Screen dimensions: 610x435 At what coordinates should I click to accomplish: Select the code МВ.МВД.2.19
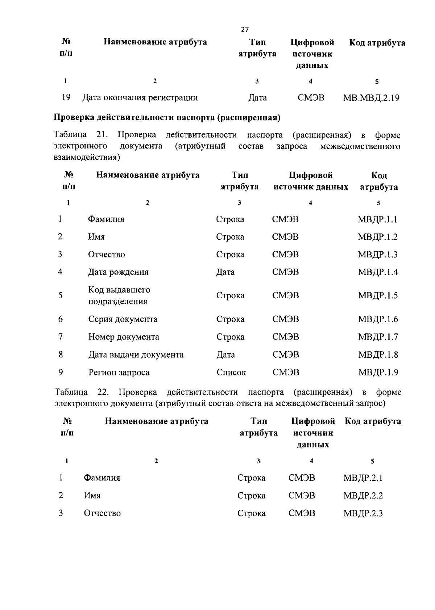(371, 98)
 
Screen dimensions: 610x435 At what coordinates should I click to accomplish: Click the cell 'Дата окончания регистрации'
(140, 98)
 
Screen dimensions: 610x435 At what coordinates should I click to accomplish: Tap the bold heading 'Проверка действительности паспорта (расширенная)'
(167, 118)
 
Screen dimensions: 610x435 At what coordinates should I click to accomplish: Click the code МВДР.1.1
(377, 219)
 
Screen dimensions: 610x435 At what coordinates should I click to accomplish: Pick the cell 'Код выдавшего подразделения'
(119, 295)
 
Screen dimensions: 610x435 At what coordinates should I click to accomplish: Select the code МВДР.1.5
(378, 296)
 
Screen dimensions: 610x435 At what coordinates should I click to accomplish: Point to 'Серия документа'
(123, 319)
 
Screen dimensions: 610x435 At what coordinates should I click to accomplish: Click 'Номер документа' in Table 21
(124, 337)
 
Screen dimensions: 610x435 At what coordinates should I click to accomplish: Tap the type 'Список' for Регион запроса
(231, 373)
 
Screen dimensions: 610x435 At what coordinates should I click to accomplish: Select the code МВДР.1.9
(378, 373)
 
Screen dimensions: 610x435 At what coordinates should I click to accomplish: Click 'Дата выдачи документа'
(136, 355)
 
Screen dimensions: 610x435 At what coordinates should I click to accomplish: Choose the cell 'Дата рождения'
(118, 272)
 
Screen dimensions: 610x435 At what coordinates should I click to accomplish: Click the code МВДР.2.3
(363, 513)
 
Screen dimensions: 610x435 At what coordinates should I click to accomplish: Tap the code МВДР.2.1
(363, 478)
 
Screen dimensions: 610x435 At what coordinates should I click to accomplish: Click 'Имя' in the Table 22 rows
(92, 496)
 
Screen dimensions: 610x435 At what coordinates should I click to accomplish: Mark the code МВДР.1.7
(378, 337)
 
